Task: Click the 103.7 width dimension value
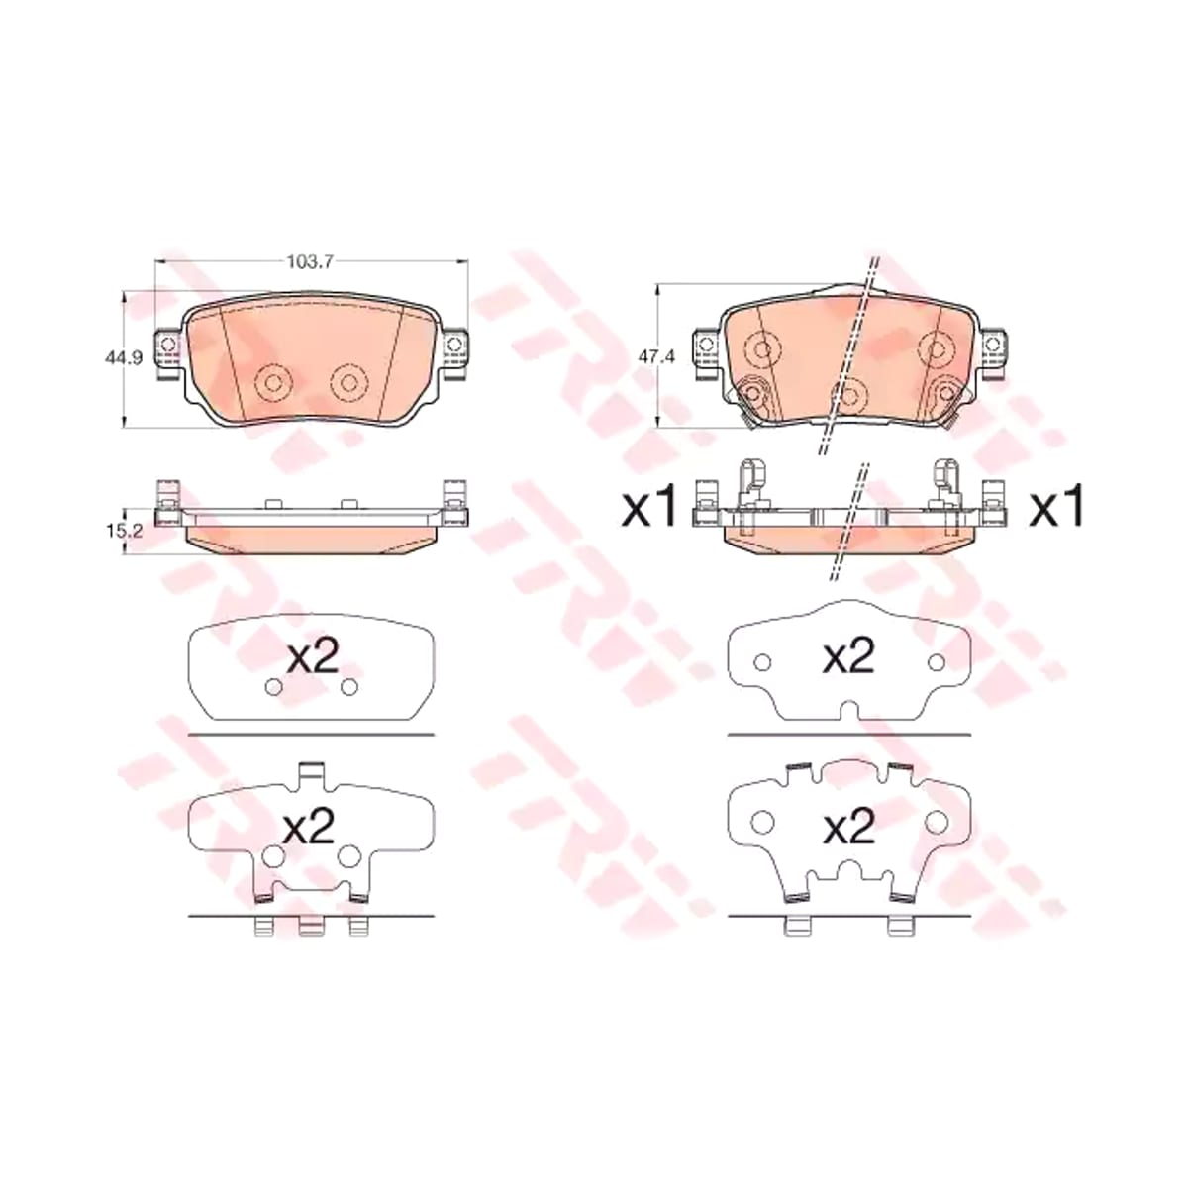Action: (x=310, y=262)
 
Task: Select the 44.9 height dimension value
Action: (x=124, y=357)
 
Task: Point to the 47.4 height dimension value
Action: (x=656, y=357)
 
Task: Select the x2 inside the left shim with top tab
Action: (x=309, y=827)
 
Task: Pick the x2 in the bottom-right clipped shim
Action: (x=849, y=827)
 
